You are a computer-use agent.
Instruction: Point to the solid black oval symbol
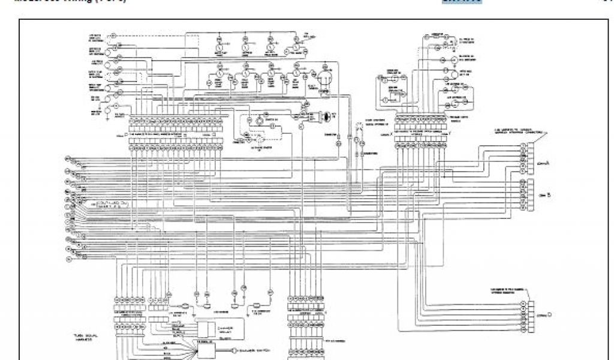(x=327, y=116)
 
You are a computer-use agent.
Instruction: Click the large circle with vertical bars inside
(x=324, y=79)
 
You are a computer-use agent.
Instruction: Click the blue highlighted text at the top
(x=462, y=2)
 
